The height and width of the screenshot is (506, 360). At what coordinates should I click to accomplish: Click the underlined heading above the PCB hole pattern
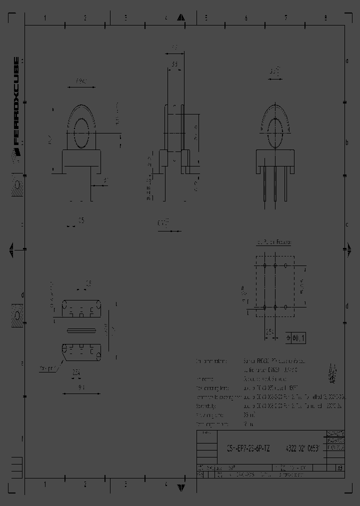coord(273,242)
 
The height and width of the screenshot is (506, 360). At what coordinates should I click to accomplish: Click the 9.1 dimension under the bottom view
coord(81,386)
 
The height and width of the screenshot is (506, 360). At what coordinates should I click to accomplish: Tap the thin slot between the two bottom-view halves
coord(81,330)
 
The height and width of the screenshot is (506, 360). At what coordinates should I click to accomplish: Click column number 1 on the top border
coord(45,18)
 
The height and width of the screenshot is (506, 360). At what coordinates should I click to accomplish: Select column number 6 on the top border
coord(246,18)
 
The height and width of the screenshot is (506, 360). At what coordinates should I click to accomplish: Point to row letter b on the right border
coord(346,142)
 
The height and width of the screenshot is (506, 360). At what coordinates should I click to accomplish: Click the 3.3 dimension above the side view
coord(175,64)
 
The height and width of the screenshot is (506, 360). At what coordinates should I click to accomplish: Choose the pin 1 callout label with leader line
coord(48,368)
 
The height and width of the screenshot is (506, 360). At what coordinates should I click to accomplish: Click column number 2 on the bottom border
coord(85,484)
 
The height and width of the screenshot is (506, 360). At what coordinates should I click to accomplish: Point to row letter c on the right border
coord(346,223)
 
